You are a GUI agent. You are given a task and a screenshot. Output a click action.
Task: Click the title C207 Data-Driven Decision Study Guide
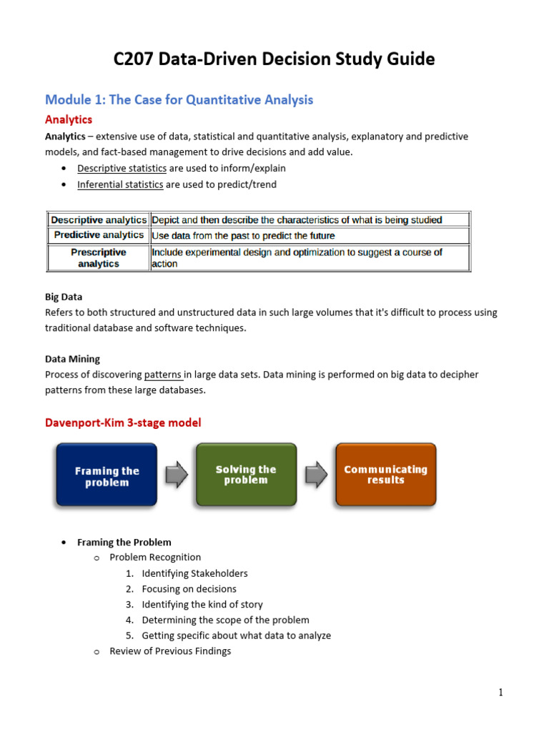pos(274,59)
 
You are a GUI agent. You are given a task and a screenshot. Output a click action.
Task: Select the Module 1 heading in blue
pos(179,99)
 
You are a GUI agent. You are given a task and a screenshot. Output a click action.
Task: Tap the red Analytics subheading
pos(69,119)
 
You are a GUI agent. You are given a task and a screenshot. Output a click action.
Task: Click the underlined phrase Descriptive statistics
pos(122,169)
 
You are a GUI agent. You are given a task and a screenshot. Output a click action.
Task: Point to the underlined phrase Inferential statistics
pos(120,184)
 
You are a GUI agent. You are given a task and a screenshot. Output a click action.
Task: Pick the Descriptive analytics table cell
pos(99,220)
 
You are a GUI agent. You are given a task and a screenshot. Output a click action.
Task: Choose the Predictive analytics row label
pos(99,235)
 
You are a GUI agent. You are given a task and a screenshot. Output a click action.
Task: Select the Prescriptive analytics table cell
pos(99,258)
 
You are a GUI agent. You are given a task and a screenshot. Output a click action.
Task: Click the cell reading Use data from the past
pos(243,235)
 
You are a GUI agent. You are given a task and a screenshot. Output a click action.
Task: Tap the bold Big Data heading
pos(64,297)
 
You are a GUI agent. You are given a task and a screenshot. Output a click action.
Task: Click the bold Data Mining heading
pos(72,359)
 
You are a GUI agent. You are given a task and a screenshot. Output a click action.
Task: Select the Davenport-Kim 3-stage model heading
pos(123,422)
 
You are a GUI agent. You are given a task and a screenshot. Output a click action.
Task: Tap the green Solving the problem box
pos(245,475)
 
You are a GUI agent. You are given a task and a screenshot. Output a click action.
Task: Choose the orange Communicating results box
pos(385,475)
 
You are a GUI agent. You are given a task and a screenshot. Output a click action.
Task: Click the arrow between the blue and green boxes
pos(176,474)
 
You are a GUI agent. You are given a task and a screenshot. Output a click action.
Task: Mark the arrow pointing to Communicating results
pos(316,474)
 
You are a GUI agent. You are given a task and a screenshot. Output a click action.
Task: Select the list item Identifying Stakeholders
pos(194,573)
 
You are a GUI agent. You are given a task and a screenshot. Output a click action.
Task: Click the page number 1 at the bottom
pos(501,692)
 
